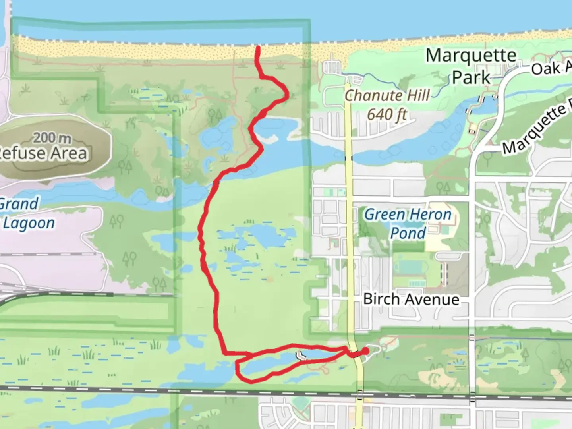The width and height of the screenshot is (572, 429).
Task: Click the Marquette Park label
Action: tap(471, 66)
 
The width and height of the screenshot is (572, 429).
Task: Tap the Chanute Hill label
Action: tap(387, 96)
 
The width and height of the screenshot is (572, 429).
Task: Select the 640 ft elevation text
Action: tap(387, 115)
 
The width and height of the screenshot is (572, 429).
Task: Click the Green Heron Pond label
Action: tap(408, 224)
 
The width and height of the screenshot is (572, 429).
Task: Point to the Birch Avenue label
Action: tap(411, 299)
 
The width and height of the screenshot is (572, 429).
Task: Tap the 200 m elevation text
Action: tap(52, 138)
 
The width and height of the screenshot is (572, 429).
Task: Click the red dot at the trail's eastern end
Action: tap(364, 351)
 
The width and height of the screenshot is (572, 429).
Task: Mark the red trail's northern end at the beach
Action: tap(258, 48)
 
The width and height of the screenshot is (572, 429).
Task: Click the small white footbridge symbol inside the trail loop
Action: tap(301, 356)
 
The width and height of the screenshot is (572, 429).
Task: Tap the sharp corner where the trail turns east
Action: tap(225, 352)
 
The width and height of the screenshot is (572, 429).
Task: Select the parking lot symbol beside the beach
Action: tap(331, 68)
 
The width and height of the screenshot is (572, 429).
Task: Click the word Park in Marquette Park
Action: tap(471, 77)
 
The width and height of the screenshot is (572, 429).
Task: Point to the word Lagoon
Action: tap(29, 223)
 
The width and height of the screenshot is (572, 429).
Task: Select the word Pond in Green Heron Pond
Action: tap(408, 233)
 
